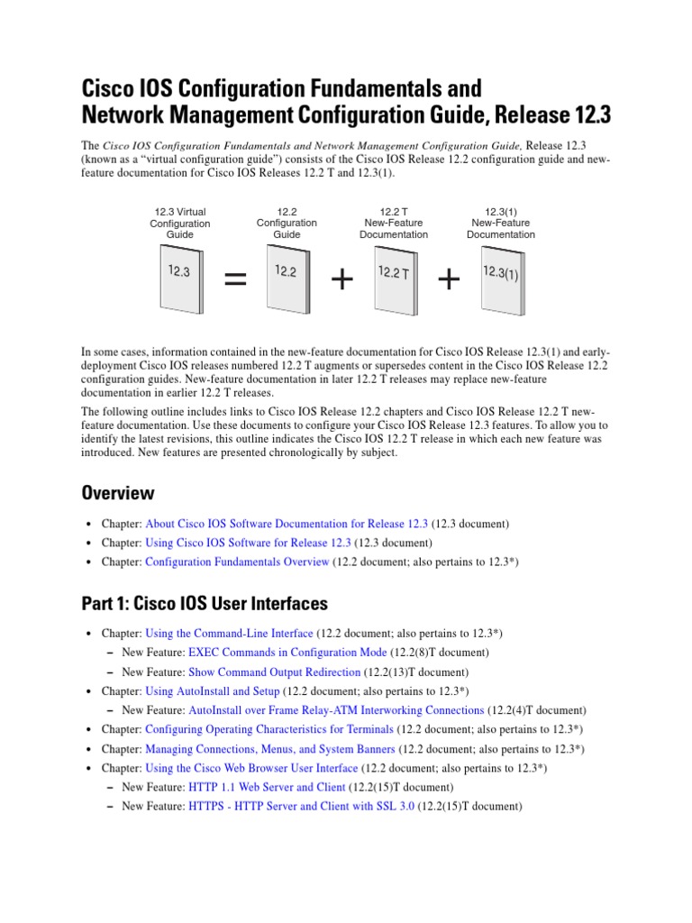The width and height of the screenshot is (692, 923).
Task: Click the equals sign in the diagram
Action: pyautogui.click(x=234, y=281)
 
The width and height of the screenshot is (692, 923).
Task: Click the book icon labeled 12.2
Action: pyautogui.click(x=287, y=282)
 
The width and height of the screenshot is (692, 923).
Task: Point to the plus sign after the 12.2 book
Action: pyautogui.click(x=341, y=281)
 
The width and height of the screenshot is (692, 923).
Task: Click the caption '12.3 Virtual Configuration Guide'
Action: pyautogui.click(x=180, y=224)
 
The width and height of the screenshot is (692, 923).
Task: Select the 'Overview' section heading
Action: pyautogui.click(x=118, y=493)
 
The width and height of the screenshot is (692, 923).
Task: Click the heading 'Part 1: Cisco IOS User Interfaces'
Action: pyautogui.click(x=205, y=603)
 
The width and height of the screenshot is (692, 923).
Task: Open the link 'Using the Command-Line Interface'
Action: pyautogui.click(x=229, y=634)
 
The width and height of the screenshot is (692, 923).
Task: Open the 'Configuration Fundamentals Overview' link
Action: pyautogui.click(x=237, y=562)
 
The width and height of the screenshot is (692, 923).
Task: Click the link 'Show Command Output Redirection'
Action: pyautogui.click(x=274, y=672)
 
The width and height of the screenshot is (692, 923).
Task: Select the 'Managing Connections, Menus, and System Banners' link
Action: pyautogui.click(x=269, y=749)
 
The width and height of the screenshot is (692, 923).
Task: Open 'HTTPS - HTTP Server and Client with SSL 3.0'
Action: pyautogui.click(x=301, y=807)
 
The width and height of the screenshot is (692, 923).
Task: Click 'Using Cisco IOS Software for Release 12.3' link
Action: pyautogui.click(x=248, y=543)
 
